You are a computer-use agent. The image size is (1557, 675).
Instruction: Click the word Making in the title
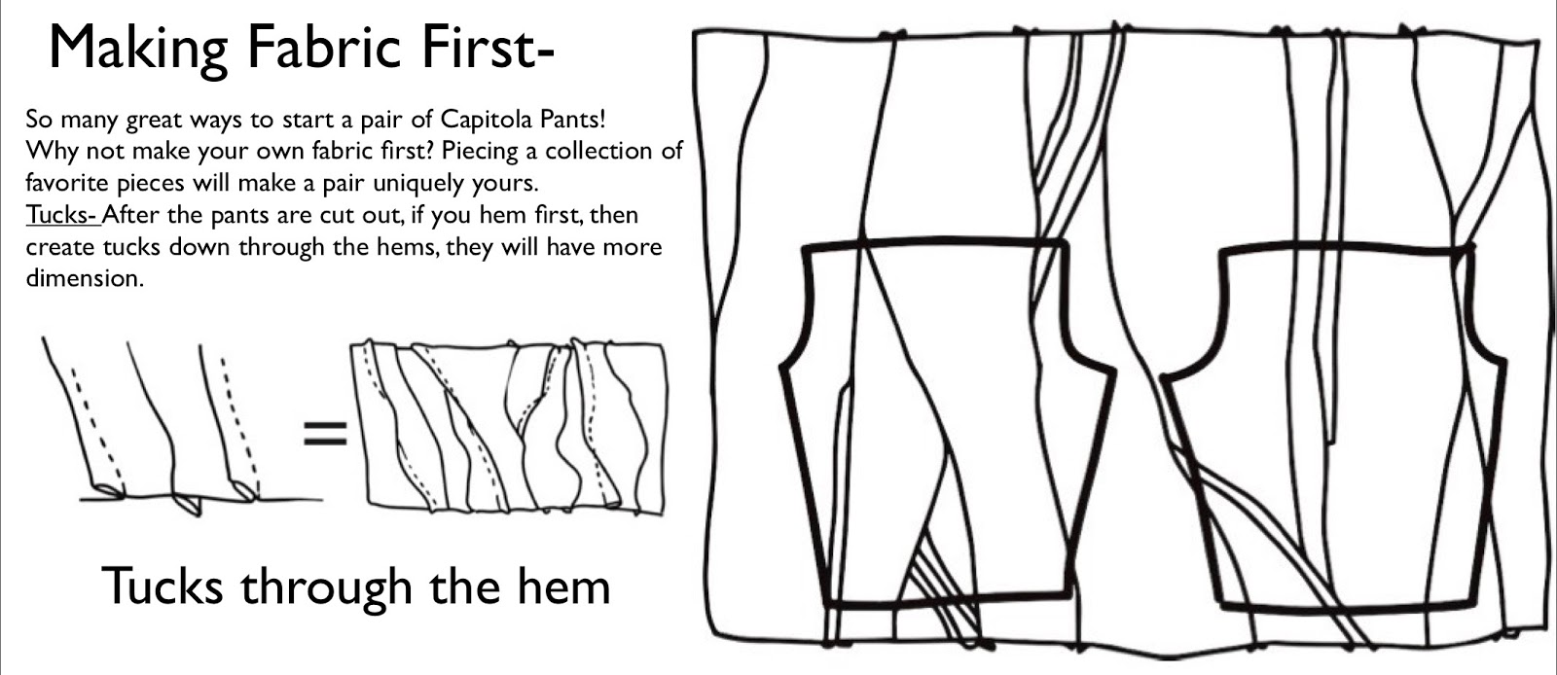tap(137, 49)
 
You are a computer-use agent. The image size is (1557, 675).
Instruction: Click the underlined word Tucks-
tap(62, 215)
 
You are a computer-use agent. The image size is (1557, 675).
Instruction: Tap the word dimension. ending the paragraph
tap(85, 278)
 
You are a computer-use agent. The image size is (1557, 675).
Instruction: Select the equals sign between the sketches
tap(325, 433)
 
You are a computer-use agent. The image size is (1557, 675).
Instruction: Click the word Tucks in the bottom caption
tap(163, 586)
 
